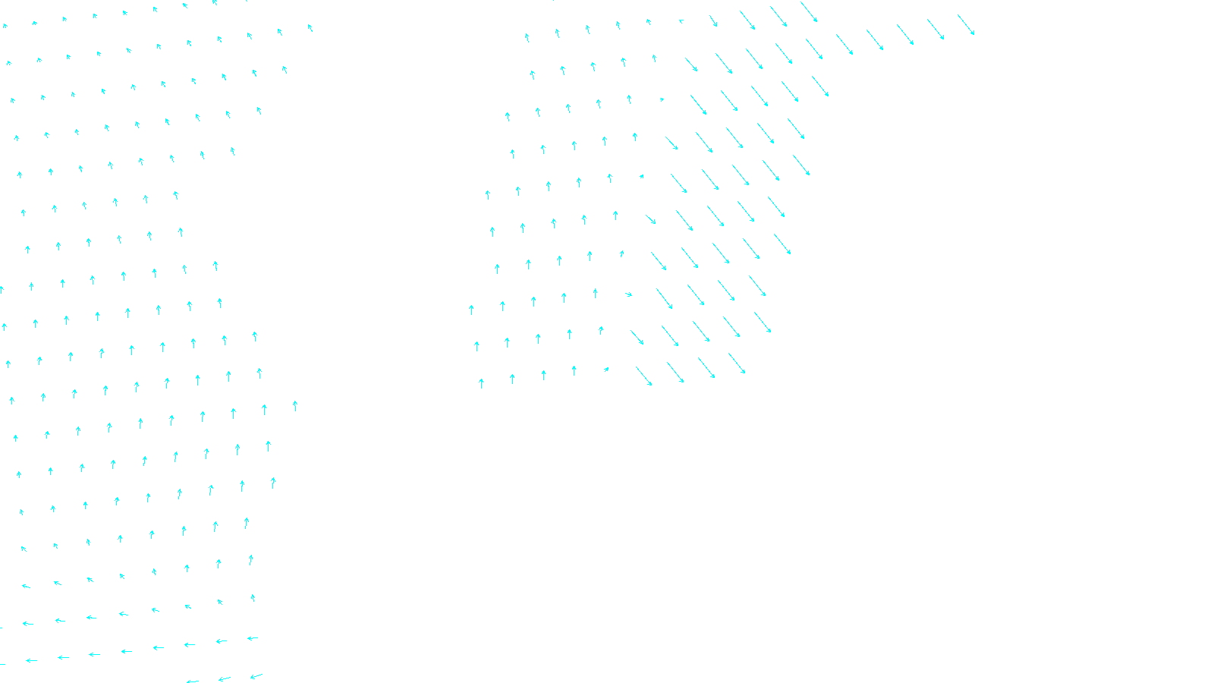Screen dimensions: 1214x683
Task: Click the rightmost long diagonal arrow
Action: tap(966, 25)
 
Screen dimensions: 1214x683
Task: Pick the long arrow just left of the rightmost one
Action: tap(936, 30)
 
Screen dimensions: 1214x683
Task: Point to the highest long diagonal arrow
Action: tap(809, 12)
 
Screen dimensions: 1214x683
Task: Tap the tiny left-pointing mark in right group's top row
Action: tap(681, 21)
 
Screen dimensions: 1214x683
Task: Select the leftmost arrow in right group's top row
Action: tap(527, 37)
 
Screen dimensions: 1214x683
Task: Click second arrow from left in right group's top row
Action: tap(558, 33)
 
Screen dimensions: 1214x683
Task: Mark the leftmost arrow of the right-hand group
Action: tap(471, 310)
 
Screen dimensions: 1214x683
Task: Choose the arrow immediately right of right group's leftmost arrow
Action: tap(502, 306)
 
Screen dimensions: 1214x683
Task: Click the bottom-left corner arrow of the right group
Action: tap(481, 383)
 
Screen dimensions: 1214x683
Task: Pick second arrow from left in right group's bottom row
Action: tap(512, 379)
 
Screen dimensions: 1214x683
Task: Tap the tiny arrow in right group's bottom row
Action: tap(606, 370)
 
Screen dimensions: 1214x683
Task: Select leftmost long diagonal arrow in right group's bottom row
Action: tap(644, 376)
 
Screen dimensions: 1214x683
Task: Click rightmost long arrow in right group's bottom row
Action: tap(737, 364)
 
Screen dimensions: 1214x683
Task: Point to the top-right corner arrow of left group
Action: tap(310, 28)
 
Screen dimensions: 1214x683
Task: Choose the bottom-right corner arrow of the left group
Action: tap(256, 675)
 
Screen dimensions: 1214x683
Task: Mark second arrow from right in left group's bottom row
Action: tap(225, 678)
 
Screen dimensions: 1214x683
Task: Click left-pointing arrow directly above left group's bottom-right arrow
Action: tap(253, 638)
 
